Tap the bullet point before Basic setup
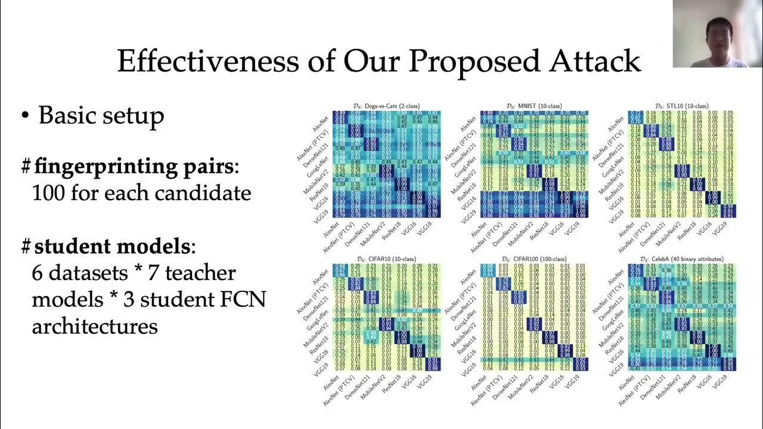[x=24, y=116]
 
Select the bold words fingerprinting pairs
[x=134, y=167]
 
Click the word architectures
[x=95, y=326]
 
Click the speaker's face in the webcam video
[x=718, y=30]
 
